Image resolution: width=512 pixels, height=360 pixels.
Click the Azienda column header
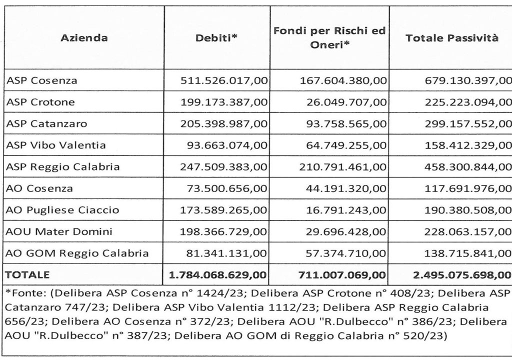point(84,38)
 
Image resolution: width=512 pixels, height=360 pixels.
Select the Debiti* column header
point(216,38)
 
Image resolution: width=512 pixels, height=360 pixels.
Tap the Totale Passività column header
point(452,38)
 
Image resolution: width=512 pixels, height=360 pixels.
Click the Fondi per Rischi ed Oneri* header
point(329,37)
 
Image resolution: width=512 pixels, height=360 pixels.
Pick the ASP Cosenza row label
point(41,80)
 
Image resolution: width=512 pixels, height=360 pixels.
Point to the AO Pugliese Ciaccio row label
point(62,210)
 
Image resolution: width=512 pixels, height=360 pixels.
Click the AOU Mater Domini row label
point(59,231)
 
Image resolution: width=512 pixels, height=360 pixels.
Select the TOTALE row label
point(27,274)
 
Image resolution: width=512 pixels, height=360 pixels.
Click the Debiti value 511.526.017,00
point(223,80)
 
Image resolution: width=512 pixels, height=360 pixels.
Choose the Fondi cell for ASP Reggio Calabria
point(343,167)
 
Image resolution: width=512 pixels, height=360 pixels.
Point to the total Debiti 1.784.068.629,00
point(218,275)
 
